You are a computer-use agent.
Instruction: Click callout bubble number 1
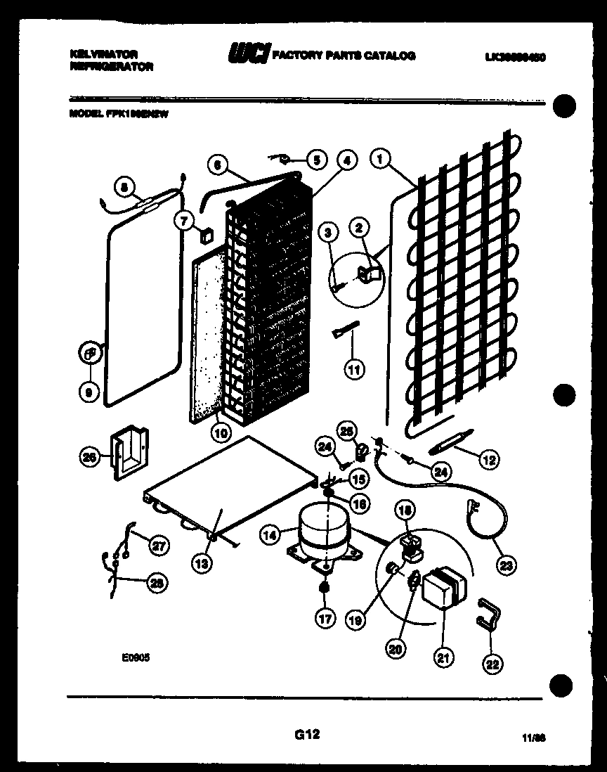click(x=381, y=160)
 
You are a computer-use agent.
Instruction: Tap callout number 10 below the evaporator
click(x=221, y=433)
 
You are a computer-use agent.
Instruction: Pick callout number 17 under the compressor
click(x=324, y=619)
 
